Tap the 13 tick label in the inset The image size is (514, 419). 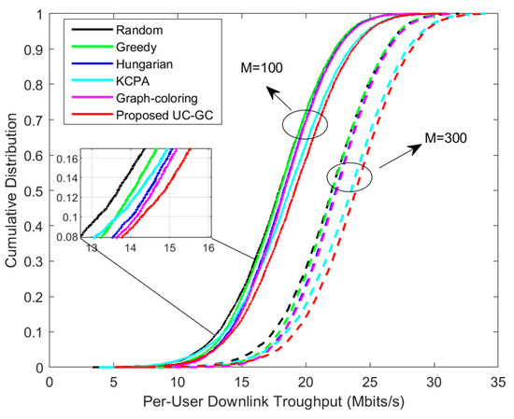coord(91,249)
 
